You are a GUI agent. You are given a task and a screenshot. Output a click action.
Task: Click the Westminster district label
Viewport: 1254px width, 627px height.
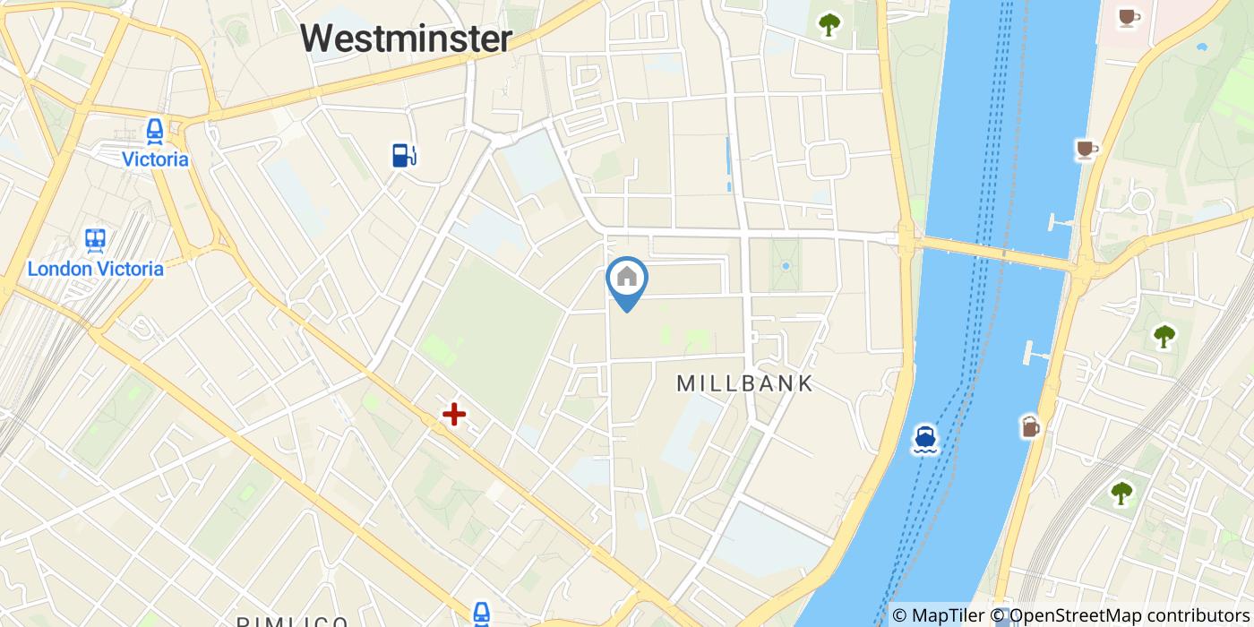406,39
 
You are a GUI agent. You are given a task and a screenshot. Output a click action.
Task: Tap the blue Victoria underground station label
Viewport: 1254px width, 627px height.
156,159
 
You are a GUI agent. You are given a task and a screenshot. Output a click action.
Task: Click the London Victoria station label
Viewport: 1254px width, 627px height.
96,269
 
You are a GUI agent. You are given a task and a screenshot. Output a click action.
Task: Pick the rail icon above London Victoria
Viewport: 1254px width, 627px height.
95,240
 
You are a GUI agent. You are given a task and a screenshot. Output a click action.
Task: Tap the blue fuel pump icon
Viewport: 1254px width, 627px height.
404,155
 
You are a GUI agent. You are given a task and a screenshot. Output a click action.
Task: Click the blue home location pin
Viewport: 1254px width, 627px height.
627,279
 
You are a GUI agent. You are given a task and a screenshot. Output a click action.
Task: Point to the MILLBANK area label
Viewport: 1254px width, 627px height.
744,383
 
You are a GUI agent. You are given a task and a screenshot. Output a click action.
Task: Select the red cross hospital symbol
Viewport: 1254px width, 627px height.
454,414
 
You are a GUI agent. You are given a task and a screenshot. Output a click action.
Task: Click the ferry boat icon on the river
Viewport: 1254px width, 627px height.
925,439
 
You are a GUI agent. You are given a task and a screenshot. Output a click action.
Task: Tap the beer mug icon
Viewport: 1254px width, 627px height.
1030,427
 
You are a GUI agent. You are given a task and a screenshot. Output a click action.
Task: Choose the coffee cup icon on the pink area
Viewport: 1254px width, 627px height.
1128,16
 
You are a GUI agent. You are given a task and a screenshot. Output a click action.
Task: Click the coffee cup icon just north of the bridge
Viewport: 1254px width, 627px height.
1087,149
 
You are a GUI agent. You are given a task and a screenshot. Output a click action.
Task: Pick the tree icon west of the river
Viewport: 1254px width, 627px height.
829,24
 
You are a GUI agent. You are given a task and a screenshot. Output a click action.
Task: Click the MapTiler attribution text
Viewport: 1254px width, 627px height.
938,615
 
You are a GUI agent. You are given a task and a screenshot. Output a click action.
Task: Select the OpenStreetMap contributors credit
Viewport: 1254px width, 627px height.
1120,615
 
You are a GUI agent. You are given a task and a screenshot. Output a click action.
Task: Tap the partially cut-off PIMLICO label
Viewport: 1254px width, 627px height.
293,622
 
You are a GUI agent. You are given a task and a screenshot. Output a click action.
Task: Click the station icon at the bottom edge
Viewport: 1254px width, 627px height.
482,614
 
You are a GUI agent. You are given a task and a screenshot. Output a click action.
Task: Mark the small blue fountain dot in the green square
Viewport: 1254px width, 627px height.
786,266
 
